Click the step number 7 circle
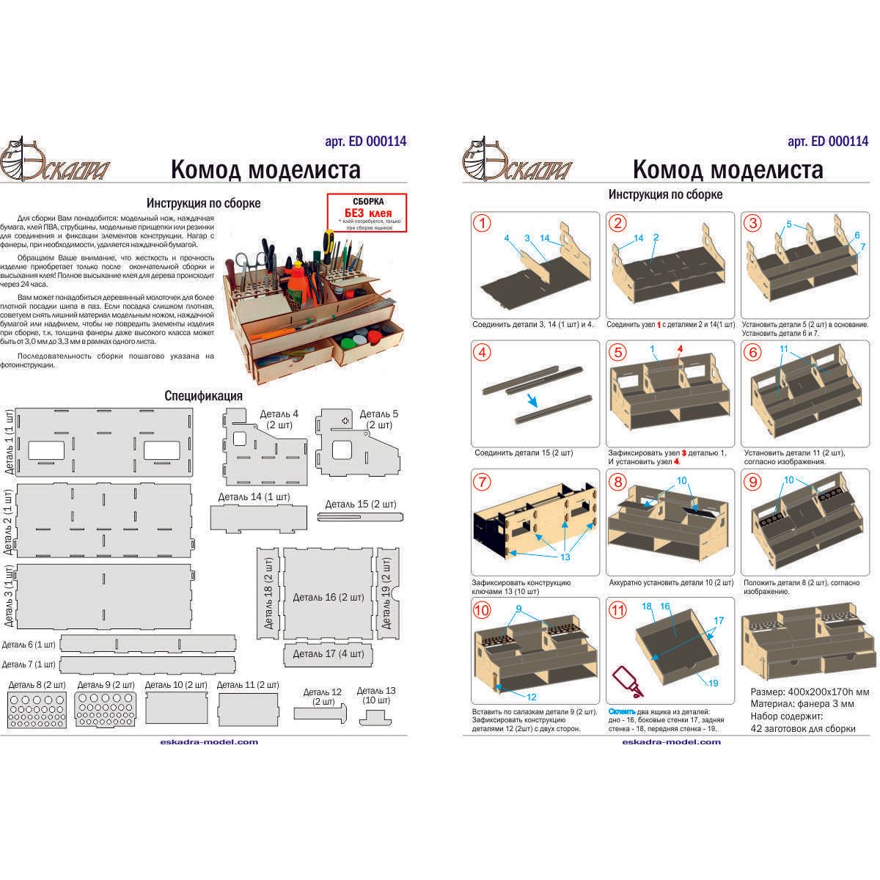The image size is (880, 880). (483, 482)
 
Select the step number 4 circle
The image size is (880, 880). (483, 353)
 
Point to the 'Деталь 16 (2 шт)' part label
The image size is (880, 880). (329, 597)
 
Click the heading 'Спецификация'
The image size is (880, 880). (203, 395)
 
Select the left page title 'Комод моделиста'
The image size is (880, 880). (265, 170)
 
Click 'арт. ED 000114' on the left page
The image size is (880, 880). (365, 142)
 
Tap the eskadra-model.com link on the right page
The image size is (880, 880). (671, 741)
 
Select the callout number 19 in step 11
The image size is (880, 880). (714, 683)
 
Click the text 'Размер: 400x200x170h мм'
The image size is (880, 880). (810, 692)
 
